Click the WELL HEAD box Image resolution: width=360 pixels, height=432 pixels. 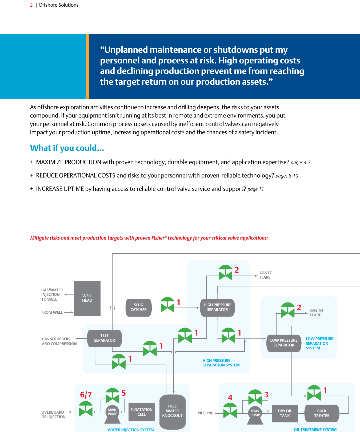tap(87, 298)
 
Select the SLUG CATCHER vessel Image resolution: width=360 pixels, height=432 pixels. tap(138, 308)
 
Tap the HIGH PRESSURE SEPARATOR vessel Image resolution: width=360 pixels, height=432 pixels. tap(217, 308)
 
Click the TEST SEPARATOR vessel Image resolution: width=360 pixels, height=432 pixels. tap(105, 338)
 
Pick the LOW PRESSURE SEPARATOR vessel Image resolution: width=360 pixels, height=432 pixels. tap(284, 343)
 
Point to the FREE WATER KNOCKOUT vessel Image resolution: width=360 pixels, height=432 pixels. tap(172, 411)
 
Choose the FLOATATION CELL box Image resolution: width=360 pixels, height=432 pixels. tap(141, 412)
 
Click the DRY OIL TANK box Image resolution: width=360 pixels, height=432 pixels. tap(285, 413)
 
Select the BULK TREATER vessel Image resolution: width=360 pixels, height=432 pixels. tap(322, 413)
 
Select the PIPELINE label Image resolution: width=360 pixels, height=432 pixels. tap(205, 413)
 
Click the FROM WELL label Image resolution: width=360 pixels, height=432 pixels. tap(52, 312)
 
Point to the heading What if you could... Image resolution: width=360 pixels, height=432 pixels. tap(67, 148)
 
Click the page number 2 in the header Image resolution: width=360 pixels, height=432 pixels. tap(31, 5)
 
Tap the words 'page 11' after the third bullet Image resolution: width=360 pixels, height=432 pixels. tap(255, 189)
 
